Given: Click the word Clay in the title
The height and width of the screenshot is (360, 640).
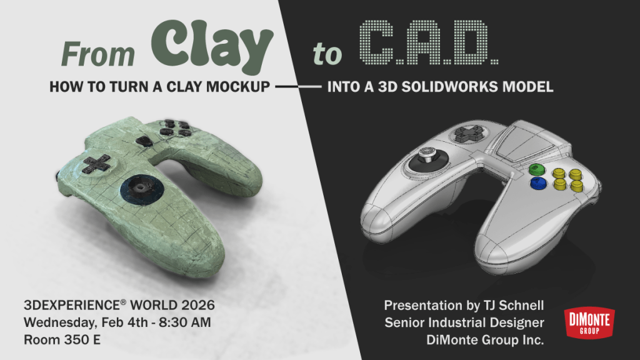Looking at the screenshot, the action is coord(212,46).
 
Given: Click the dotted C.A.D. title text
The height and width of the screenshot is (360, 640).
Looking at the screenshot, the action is coord(429,42).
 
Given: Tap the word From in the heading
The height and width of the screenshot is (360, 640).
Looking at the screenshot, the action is coord(98,54).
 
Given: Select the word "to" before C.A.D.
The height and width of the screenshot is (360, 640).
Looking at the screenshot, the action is coord(327,55).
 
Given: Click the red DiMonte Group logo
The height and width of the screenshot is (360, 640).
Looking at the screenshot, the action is coord(589,322).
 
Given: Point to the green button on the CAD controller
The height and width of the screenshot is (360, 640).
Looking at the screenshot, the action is coord(537,168).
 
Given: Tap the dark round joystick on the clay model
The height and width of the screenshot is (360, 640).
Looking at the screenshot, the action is coord(142,189).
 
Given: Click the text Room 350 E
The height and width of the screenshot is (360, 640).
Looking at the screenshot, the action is coord(62,339).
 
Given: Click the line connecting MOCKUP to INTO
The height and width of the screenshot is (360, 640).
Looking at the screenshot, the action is coord(298,86).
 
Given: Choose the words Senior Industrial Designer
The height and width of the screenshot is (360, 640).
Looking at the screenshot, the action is coord(464,322).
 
